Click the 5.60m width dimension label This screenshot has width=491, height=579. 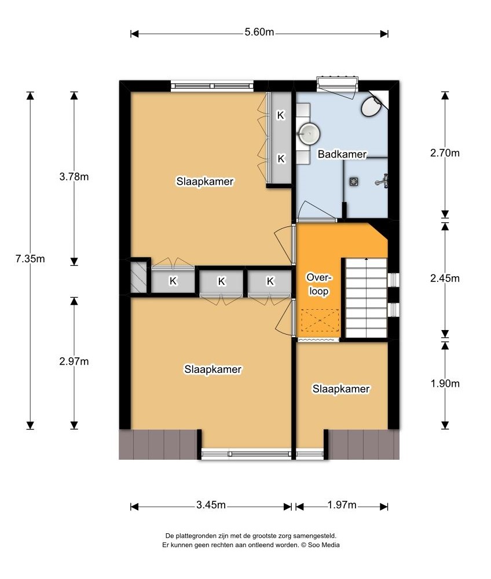click(x=259, y=32)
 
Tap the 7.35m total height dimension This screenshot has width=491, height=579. click(x=30, y=258)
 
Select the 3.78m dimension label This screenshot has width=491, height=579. click(x=74, y=177)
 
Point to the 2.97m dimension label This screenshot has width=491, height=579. click(x=74, y=361)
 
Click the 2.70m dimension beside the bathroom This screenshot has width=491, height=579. click(x=445, y=153)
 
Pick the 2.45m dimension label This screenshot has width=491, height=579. click(x=445, y=278)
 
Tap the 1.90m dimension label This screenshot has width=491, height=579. click(x=445, y=384)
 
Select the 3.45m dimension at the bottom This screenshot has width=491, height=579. click(x=211, y=505)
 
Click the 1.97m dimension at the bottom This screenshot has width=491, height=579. click(x=342, y=505)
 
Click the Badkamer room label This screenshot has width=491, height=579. click(x=342, y=154)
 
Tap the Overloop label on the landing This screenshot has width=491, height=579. click(x=319, y=284)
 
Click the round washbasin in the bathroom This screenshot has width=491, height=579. click(x=309, y=134)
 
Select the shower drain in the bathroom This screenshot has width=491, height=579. click(x=354, y=182)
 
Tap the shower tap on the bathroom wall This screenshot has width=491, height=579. click(x=382, y=181)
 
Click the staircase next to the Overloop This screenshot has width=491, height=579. click(x=366, y=298)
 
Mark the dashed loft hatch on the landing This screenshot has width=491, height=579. click(x=320, y=321)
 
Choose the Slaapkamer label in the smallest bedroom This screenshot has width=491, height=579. click(x=341, y=389)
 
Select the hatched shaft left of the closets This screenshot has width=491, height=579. click(x=138, y=277)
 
